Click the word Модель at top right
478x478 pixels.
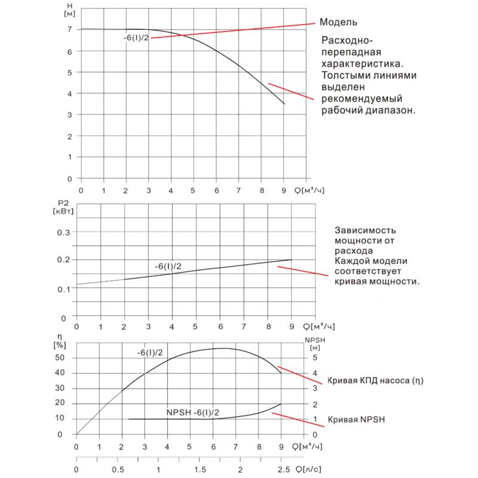click(x=339, y=22)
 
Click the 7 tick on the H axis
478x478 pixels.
click(x=70, y=29)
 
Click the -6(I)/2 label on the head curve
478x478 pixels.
click(x=136, y=38)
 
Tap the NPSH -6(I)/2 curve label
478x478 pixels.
click(x=193, y=413)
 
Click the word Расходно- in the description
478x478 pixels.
click(x=347, y=41)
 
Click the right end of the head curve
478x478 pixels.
click(x=284, y=104)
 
